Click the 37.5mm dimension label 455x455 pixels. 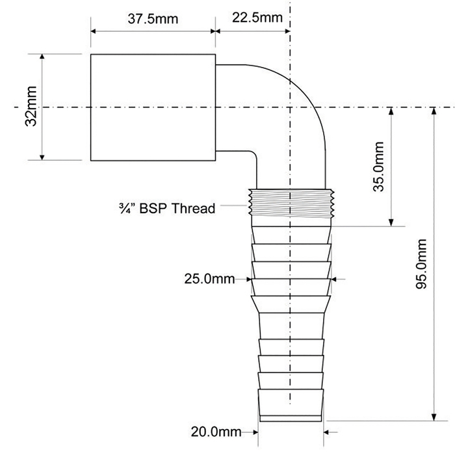click(x=153, y=19)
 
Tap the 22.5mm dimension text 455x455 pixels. click(x=257, y=18)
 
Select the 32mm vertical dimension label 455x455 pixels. click(x=31, y=106)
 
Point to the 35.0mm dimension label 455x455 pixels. click(x=378, y=166)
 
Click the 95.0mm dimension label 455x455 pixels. click(x=421, y=264)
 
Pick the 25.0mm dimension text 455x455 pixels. click(x=209, y=279)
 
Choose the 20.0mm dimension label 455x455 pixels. click(x=216, y=432)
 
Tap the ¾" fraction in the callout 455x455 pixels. click(x=127, y=209)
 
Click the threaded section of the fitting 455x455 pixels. click(x=291, y=203)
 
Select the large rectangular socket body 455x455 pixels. click(x=153, y=107)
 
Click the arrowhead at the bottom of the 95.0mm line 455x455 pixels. click(x=434, y=417)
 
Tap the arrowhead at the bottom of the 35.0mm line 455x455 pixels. click(x=391, y=222)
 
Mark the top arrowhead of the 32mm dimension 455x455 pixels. click(x=42, y=58)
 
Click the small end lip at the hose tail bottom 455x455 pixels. click(x=291, y=419)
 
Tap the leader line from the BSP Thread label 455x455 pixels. click(x=233, y=206)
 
